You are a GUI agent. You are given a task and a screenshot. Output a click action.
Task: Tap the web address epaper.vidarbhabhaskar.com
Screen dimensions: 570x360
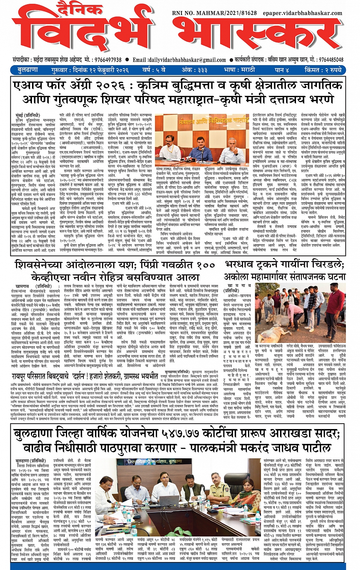click(x=302, y=13)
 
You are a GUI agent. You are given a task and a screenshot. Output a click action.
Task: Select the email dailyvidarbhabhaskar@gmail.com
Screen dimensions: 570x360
click(x=187, y=60)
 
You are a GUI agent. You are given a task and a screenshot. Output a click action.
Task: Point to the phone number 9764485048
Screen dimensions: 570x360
click(x=331, y=60)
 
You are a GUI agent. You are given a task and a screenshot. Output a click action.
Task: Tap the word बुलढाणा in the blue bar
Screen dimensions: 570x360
click(x=27, y=70)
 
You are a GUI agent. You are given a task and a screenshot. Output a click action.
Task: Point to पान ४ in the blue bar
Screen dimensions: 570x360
click(x=282, y=70)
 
